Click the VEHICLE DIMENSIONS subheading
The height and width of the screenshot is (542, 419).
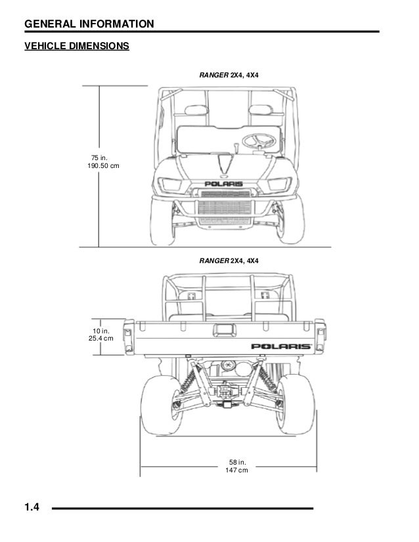tap(77, 47)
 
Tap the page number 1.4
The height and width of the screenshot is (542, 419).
tap(33, 507)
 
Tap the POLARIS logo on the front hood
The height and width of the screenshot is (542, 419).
tap(223, 184)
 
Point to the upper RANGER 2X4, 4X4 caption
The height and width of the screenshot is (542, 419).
tap(229, 76)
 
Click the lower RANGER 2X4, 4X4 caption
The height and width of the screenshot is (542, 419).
tap(229, 261)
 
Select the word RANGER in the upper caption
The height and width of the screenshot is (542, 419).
tap(213, 76)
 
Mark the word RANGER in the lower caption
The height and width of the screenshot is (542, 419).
tap(213, 261)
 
